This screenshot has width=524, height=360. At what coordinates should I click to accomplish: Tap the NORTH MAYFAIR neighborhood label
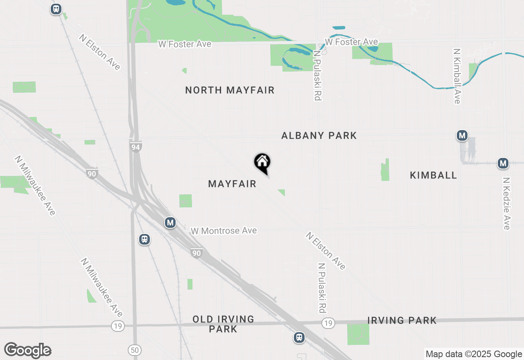[x=230, y=90]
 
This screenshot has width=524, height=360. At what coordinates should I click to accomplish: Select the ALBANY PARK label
[x=319, y=135]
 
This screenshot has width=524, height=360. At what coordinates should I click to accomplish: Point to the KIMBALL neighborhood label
[x=433, y=175]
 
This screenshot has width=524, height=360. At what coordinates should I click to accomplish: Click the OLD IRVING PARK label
[x=223, y=324]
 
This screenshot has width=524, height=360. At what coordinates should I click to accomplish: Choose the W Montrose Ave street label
[x=224, y=231]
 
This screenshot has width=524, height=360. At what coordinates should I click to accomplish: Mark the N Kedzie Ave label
[x=507, y=203]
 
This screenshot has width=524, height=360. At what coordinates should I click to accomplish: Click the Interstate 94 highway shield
[x=136, y=147]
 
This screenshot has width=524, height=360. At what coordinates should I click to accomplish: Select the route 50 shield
[x=134, y=350]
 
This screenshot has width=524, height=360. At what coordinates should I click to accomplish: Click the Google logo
[x=27, y=351]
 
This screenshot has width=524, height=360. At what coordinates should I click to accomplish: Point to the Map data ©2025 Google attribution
[x=474, y=354]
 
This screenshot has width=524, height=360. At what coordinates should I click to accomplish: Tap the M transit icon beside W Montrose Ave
[x=170, y=223]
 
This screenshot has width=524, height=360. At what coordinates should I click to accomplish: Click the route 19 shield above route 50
[x=118, y=326]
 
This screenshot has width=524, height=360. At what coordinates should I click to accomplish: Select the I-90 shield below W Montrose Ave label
[x=196, y=253]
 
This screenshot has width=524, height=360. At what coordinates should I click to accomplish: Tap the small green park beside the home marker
[x=281, y=192]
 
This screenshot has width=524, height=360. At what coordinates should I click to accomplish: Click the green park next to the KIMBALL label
[x=385, y=170]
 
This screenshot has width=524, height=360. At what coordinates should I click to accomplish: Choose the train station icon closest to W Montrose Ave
[x=144, y=239]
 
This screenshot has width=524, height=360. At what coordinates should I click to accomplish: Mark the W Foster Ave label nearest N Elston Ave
[x=185, y=44]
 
